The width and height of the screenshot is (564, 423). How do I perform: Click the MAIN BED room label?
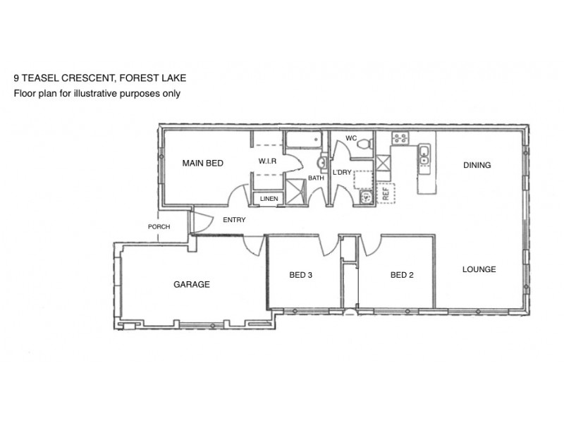pyautogui.click(x=202, y=163)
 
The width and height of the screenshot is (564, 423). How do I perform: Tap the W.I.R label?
pyautogui.click(x=266, y=161)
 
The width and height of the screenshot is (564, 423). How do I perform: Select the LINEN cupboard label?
pyautogui.click(x=269, y=199)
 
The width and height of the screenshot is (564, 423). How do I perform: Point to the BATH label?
pyautogui.click(x=315, y=178)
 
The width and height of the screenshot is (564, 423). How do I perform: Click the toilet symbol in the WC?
pyautogui.click(x=364, y=144)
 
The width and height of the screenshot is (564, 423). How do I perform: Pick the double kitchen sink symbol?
pyautogui.click(x=424, y=159)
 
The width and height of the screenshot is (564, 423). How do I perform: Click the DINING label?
pyautogui.click(x=477, y=166)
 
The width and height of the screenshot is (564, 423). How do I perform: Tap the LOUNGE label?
pyautogui.click(x=479, y=269)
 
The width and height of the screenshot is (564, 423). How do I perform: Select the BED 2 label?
pyautogui.click(x=401, y=275)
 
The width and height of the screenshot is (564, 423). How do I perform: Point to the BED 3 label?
pyautogui.click(x=301, y=275)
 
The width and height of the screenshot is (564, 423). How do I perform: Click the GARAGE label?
pyautogui.click(x=192, y=285)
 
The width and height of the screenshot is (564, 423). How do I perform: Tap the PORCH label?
pyautogui.click(x=159, y=227)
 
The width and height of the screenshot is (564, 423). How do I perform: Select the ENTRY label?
pyautogui.click(x=234, y=220)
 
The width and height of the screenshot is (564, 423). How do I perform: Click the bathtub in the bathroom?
pyautogui.click(x=303, y=140)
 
